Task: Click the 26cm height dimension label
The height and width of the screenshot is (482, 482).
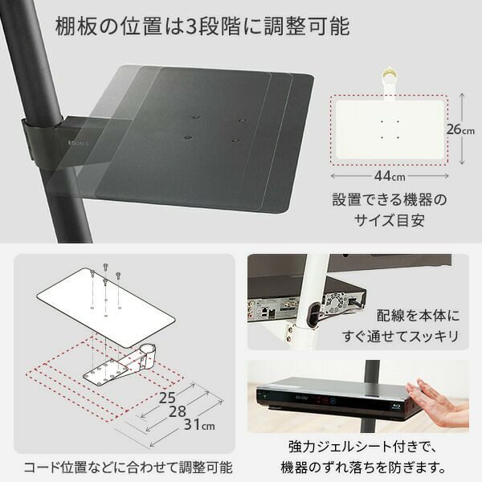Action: pos(460,129)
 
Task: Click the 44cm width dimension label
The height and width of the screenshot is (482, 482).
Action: pos(390,176)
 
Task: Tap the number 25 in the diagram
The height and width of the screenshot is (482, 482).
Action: pos(167,398)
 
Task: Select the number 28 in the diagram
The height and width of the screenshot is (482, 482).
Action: pos(178,411)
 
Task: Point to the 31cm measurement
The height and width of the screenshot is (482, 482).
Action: pos(199,424)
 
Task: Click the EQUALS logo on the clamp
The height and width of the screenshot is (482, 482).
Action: pos(79,144)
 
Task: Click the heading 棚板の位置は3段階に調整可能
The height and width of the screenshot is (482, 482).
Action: pos(202,27)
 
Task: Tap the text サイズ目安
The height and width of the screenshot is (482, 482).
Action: pos(390,220)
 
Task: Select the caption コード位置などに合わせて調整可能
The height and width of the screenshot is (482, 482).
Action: pos(128,468)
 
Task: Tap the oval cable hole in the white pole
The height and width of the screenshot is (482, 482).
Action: pos(312,316)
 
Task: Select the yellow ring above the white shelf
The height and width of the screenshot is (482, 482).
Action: pos(389,74)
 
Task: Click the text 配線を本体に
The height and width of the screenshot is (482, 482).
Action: pos(418,316)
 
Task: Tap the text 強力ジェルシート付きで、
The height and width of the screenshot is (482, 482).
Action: pos(362,447)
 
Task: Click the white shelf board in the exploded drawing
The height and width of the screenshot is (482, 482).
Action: pos(106,308)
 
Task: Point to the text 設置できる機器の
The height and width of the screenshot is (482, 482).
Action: pos(390,200)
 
